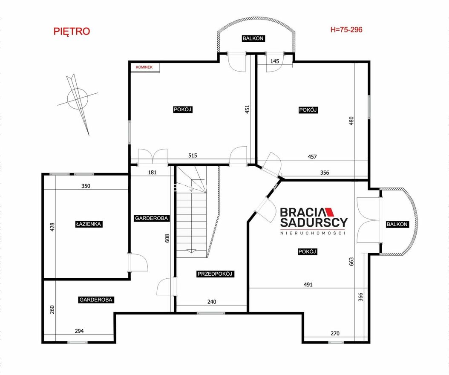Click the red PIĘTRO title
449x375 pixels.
(x=72, y=31)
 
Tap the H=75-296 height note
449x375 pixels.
(x=346, y=29)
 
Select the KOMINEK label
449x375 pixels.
(x=144, y=67)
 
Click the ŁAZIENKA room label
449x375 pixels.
(x=89, y=224)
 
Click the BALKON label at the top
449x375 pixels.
(x=253, y=38)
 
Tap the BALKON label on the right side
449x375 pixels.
(x=397, y=224)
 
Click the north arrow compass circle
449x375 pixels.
(x=77, y=98)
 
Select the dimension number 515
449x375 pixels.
(x=193, y=156)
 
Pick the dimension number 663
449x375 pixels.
(x=351, y=261)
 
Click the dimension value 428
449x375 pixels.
(x=52, y=227)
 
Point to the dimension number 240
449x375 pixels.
(x=212, y=302)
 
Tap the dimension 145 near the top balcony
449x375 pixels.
(x=274, y=61)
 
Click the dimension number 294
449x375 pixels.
(x=79, y=331)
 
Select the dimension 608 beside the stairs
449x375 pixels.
(x=167, y=238)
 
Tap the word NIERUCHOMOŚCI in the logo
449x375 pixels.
(x=313, y=233)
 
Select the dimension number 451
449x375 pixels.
(x=248, y=110)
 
